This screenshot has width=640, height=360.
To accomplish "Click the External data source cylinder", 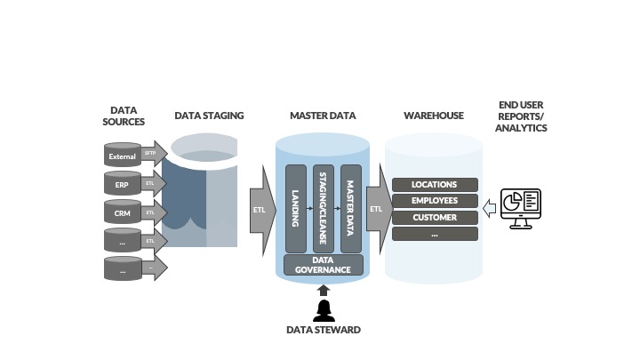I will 122,156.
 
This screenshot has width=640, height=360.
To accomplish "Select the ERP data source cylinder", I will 122,185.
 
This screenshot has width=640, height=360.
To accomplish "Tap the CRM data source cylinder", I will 122,213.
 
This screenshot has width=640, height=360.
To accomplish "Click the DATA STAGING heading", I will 209,116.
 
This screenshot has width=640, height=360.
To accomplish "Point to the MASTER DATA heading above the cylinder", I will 323,116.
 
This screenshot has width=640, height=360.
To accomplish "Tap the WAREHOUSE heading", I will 434,116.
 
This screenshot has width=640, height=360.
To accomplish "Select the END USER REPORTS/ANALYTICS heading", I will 523,116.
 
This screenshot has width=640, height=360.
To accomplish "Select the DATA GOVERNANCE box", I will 323,264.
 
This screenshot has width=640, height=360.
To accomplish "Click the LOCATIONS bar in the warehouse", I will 435,185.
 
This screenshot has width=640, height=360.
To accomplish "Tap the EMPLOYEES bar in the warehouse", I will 435,201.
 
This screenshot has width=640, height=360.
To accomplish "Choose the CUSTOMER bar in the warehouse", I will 435,218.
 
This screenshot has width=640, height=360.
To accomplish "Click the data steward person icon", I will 323,309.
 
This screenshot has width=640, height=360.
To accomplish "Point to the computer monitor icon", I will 521,207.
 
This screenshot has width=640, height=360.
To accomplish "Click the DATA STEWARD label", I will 323,331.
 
